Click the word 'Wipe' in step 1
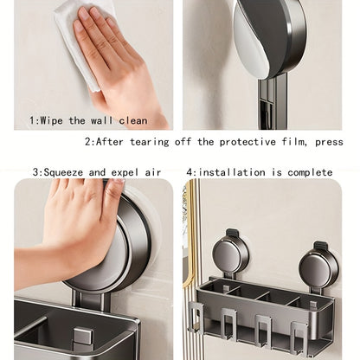(x=51, y=120)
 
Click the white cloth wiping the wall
(x=77, y=43)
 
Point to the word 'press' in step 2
(x=329, y=142)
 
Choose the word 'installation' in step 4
(x=232, y=172)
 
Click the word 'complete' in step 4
(x=310, y=172)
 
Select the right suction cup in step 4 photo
(x=318, y=267)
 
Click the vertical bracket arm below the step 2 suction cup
(x=273, y=101)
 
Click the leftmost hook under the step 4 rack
(x=196, y=314)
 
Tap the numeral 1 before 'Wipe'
(x=32, y=120)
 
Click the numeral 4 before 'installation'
(x=190, y=172)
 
